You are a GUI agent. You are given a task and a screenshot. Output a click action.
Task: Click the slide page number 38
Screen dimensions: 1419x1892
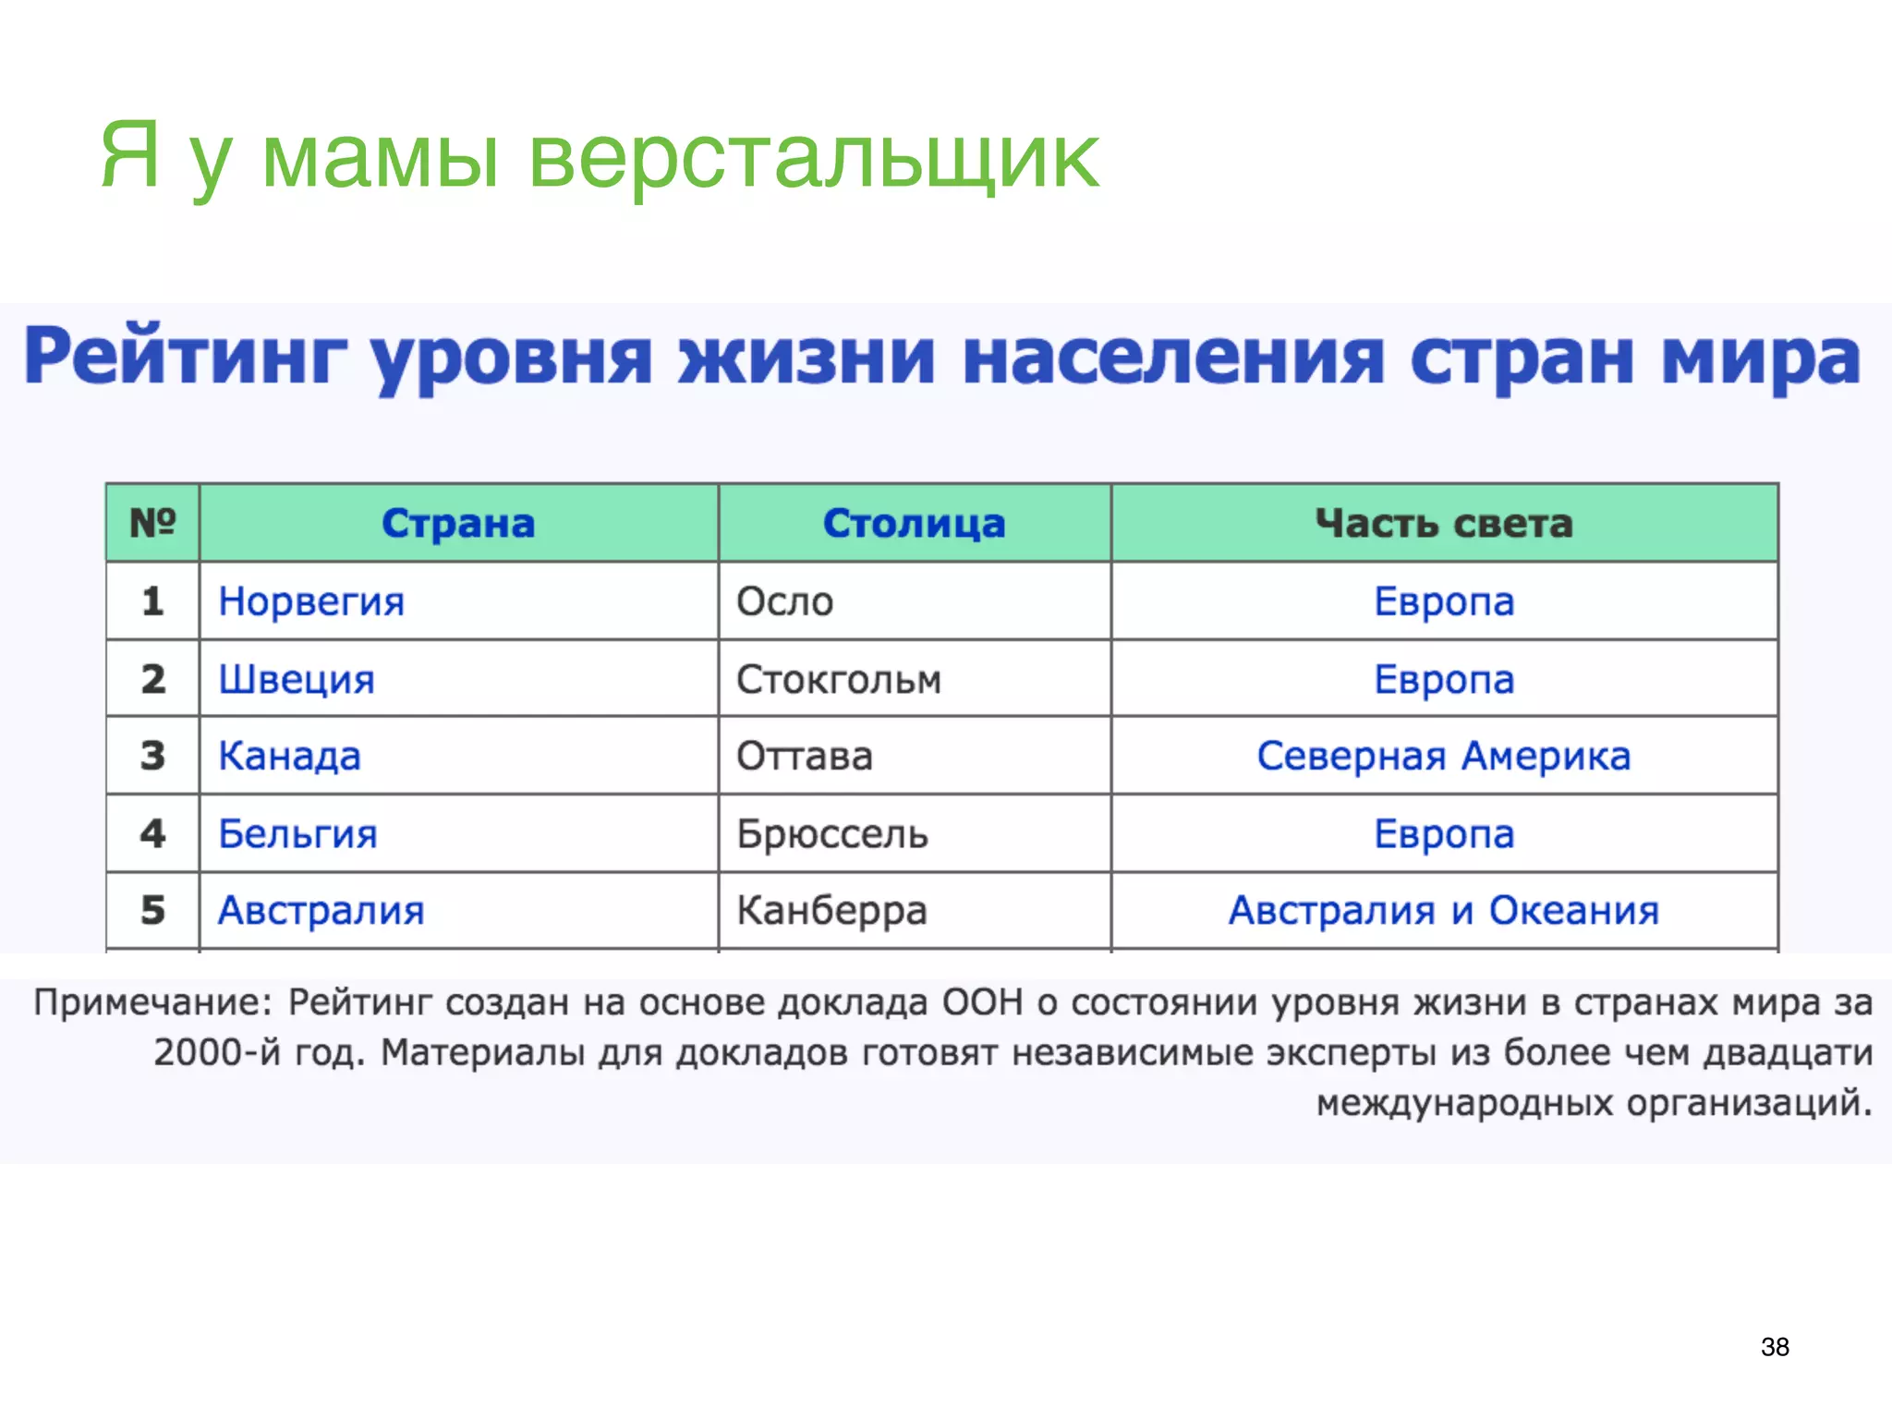pos(1775,1347)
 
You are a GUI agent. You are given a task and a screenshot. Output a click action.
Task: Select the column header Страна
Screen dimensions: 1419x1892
pos(458,524)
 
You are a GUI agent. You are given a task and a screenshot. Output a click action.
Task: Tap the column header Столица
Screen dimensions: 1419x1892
pos(914,524)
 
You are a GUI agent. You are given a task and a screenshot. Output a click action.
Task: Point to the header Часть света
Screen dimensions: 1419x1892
pos(1444,524)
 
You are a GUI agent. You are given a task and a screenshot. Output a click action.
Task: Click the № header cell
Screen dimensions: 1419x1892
pos(152,523)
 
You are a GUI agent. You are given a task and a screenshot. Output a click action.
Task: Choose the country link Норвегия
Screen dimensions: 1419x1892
pos(311,601)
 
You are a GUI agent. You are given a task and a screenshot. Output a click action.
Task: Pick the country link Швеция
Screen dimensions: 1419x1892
pos(297,680)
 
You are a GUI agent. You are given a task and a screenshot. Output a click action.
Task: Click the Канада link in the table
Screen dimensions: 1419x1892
pos(289,756)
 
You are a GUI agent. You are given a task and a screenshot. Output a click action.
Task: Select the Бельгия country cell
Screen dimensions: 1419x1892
pos(297,834)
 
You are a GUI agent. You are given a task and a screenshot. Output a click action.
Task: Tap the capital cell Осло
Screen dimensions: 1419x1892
pos(784,601)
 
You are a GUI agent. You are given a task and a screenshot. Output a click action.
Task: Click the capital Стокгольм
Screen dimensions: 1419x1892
pos(838,680)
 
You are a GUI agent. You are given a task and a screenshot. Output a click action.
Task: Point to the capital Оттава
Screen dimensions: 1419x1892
pos(804,756)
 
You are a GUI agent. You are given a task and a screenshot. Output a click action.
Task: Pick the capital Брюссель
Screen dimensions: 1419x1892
pos(831,834)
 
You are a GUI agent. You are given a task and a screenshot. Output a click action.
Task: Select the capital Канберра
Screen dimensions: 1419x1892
pos(831,911)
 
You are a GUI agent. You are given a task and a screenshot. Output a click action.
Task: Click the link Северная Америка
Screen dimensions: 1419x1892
pos(1444,756)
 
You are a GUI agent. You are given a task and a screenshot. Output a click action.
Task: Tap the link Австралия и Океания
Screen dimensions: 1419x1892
pos(1444,911)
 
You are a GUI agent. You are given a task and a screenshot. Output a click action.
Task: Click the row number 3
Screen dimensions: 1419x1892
pos(152,756)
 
